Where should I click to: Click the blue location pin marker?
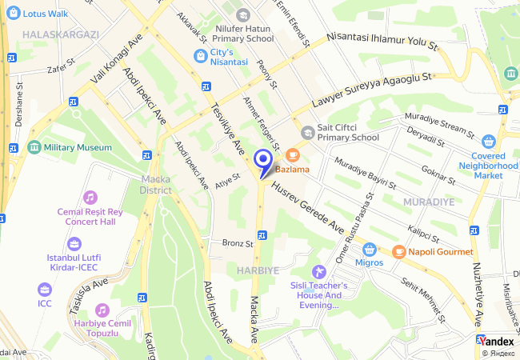(262, 160)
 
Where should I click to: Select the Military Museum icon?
(34, 148)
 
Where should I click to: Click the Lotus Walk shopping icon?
(10, 13)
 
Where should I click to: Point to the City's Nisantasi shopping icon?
(200, 54)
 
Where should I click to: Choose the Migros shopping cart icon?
(369, 249)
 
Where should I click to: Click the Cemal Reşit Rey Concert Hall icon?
(90, 197)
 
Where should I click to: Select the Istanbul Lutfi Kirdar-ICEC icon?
(74, 243)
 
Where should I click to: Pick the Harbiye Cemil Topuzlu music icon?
(102, 310)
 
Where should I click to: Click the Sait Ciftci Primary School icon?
(307, 132)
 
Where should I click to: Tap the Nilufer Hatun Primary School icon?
(243, 14)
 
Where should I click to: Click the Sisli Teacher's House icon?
(318, 272)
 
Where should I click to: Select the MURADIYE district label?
(429, 202)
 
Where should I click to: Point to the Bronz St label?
(238, 242)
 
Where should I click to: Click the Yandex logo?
(496, 341)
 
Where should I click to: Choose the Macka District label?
(155, 184)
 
